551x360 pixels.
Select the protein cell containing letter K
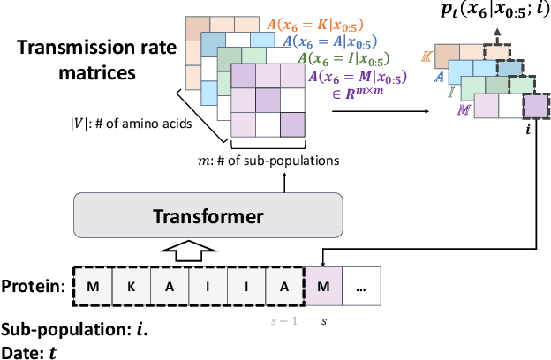(130, 285)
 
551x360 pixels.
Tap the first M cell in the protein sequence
(93, 285)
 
